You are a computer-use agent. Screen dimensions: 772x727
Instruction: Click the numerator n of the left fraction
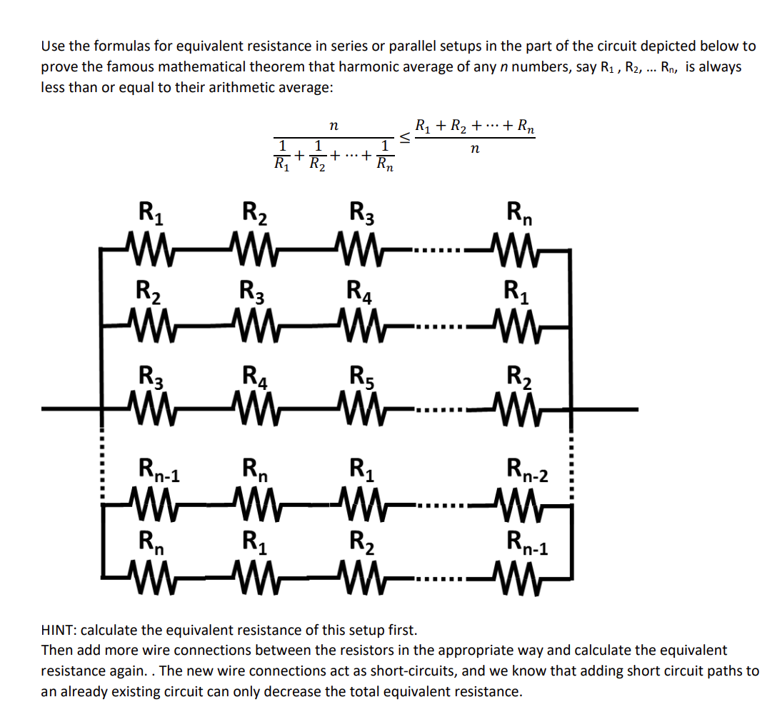point(334,126)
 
